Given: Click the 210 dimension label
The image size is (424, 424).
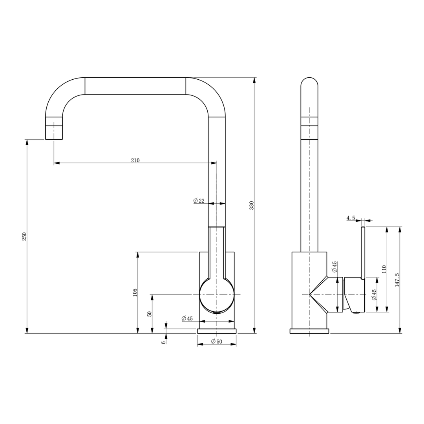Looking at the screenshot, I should point(135,160).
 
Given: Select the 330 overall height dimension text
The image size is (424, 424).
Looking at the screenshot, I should point(252,205).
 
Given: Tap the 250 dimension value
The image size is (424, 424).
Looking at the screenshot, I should point(24,236).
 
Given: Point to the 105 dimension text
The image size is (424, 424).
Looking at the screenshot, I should point(135,292).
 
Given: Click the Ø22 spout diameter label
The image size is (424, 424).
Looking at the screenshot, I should point(199,201).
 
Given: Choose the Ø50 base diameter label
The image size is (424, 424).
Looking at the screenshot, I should point(216,342).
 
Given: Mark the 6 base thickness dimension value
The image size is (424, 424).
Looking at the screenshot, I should point(163,342).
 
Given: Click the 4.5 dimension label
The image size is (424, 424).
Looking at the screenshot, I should point(351,218).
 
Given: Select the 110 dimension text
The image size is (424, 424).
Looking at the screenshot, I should point(384,269).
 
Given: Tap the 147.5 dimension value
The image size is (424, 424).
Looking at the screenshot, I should point(397,280).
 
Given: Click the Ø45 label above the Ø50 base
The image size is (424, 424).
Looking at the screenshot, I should point(187,318).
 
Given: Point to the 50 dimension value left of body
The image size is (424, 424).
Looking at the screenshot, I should point(150,314).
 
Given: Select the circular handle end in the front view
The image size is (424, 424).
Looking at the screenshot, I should point(217,295).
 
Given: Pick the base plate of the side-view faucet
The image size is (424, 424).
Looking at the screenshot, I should point(309,331).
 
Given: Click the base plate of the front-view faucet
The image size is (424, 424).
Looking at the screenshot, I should point(217,331).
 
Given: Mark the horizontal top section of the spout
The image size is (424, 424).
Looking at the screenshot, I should point(135,86).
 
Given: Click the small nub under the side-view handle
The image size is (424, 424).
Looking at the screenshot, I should point(356,313).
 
